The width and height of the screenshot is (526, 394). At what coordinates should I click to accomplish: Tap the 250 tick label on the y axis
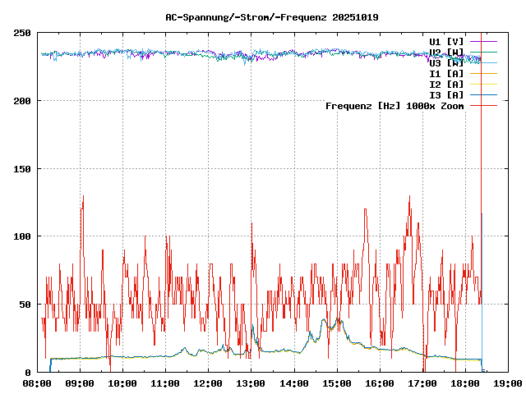(x=22, y=33)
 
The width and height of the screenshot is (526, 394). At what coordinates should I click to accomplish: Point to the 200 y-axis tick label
(x=22, y=101)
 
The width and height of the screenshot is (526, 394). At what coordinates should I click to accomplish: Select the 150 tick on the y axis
(x=22, y=169)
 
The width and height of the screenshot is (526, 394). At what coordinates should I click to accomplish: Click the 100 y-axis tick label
(x=22, y=236)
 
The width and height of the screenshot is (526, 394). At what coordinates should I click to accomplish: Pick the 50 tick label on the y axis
(x=25, y=305)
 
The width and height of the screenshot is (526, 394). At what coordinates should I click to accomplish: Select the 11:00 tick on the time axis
(x=165, y=383)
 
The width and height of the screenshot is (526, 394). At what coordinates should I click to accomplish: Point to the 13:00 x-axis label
(x=251, y=383)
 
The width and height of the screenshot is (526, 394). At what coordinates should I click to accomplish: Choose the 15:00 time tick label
(x=336, y=383)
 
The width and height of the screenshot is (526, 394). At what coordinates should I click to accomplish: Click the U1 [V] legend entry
(x=446, y=41)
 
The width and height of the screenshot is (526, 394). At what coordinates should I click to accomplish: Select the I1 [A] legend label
(x=446, y=73)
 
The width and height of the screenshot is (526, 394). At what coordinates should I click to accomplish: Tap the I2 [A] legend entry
(x=446, y=84)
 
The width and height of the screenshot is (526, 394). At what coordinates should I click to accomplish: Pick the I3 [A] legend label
(x=446, y=94)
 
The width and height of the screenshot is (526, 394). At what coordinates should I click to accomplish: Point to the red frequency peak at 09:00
(x=82, y=197)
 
